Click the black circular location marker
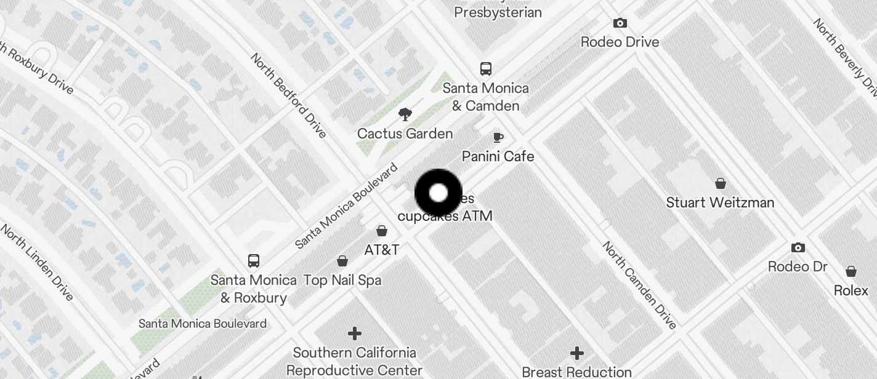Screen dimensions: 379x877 (x=438, y=193)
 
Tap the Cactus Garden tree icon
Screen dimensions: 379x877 (x=405, y=114)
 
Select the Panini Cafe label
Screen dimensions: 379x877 (x=498, y=156)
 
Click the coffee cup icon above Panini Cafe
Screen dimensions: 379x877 (x=498, y=137)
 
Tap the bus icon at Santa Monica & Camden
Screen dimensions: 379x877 (x=486, y=68)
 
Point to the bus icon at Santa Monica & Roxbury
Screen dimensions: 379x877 (x=253, y=260)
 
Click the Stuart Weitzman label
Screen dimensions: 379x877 (x=720, y=202)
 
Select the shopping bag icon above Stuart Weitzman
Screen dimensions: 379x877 (x=720, y=183)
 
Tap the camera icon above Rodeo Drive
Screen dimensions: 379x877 (x=620, y=23)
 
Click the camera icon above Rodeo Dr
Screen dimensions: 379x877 (x=798, y=248)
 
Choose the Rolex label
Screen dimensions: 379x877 (x=851, y=290)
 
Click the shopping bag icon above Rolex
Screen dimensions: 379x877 (x=851, y=271)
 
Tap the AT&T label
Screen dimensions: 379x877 (x=382, y=250)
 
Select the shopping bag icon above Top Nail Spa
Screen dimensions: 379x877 (x=342, y=261)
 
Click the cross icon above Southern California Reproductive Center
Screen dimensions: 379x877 (x=355, y=333)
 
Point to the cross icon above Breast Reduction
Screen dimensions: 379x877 (x=576, y=353)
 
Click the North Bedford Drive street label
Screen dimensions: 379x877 (x=288, y=95)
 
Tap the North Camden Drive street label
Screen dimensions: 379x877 (x=639, y=285)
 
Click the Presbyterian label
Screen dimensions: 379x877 (x=498, y=12)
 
